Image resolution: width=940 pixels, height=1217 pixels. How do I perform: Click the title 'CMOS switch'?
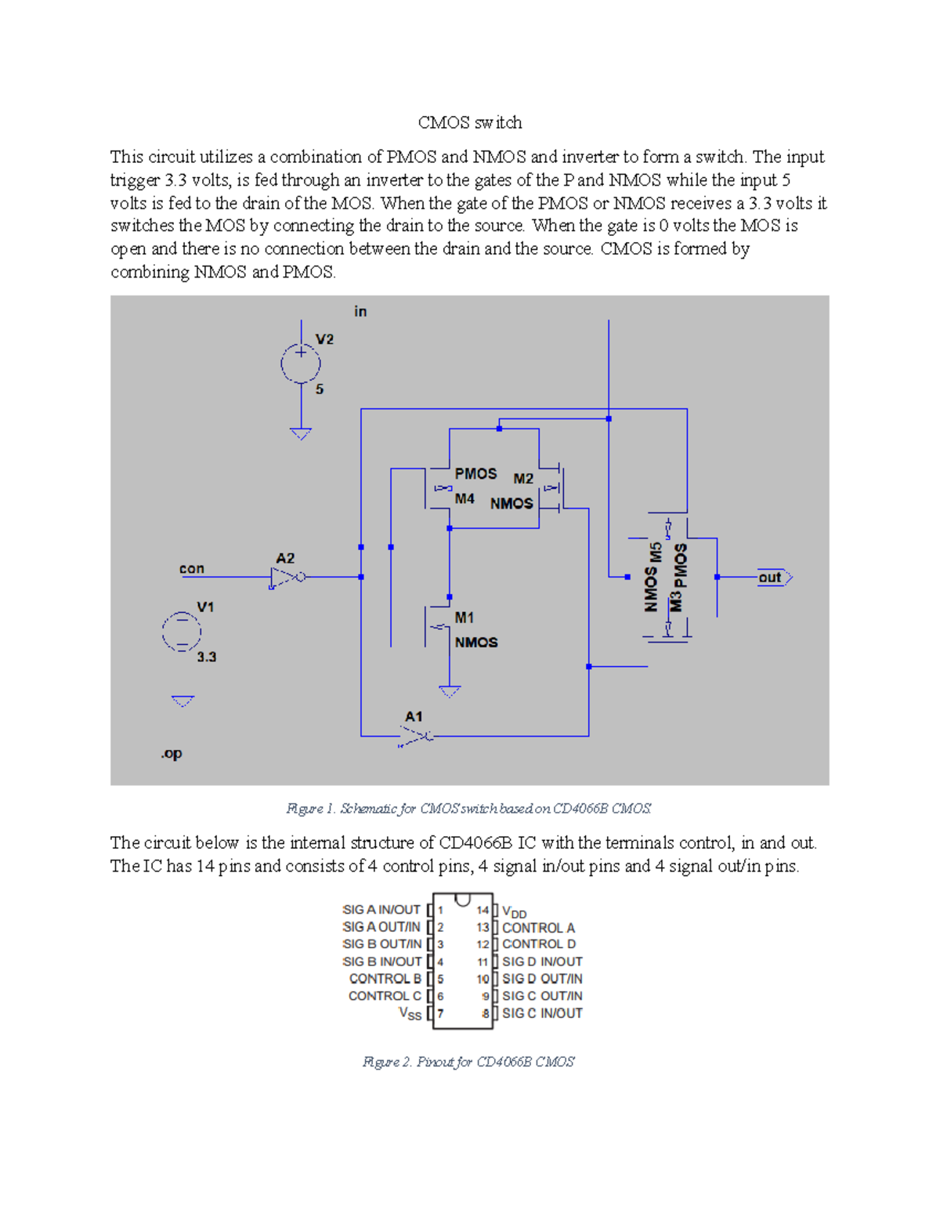[x=470, y=122]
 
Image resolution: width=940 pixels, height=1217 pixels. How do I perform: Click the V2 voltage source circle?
[x=301, y=364]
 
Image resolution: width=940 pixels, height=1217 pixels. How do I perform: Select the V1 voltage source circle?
[x=182, y=632]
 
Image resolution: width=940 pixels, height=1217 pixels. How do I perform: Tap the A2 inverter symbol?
[x=287, y=578]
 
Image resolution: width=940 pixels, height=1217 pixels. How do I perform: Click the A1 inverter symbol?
[x=416, y=736]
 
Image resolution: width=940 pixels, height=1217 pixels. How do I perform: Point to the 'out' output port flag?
[x=774, y=578]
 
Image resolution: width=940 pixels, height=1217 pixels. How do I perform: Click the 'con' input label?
[x=192, y=568]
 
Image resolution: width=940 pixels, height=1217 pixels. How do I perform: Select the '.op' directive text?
[x=172, y=753]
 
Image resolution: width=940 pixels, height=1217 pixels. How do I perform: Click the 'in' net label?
[x=360, y=311]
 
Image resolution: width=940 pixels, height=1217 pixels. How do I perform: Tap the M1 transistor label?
[x=465, y=618]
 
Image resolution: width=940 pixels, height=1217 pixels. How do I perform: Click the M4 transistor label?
[x=465, y=498]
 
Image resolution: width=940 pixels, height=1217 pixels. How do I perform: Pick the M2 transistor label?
[x=523, y=478]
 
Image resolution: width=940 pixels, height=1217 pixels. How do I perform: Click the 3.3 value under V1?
[x=206, y=657]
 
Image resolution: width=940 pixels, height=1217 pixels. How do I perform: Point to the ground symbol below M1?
[x=450, y=692]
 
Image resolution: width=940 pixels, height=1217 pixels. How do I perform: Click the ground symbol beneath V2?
[x=301, y=433]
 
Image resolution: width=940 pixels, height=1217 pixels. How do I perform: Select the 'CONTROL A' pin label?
[x=538, y=927]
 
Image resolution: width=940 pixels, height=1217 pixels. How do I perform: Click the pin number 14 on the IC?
[x=483, y=910]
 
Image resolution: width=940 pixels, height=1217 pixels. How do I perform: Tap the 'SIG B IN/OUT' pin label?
[x=382, y=962]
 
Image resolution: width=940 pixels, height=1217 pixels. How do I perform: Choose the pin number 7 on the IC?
[x=441, y=1013]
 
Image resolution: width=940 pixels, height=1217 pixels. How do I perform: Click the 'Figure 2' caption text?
[x=468, y=1062]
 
